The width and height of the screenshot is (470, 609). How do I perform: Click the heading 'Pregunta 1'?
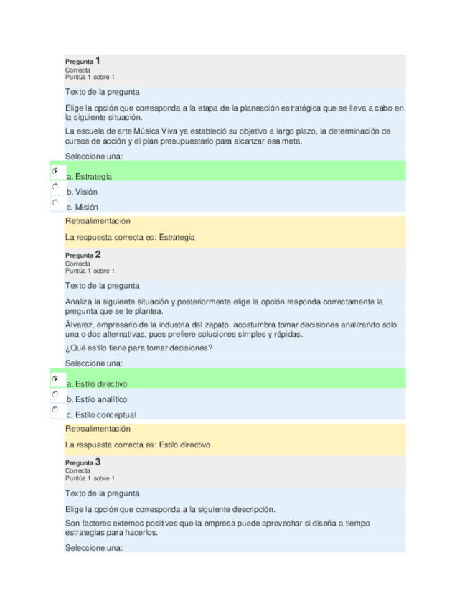pos(83,62)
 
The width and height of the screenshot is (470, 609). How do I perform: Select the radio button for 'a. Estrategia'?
pos(55,171)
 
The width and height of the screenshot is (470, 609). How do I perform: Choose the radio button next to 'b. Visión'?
pos(55,187)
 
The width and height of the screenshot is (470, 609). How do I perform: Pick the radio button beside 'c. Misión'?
pos(55,203)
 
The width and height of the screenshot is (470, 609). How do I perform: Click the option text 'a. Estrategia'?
pos(89,176)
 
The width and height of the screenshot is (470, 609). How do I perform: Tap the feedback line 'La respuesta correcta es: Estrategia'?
pos(130,237)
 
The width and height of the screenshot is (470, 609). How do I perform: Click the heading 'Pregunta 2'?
pos(83,255)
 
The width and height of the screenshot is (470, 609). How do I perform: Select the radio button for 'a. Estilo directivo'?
pos(55,378)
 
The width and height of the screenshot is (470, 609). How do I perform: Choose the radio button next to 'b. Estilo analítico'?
pos(55,394)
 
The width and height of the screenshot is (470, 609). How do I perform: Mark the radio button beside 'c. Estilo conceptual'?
pos(55,410)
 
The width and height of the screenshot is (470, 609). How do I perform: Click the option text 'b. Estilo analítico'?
pos(97,399)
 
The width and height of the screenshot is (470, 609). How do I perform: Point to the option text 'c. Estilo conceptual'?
pos(101,415)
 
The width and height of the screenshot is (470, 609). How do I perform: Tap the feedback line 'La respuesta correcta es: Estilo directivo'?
pos(138,445)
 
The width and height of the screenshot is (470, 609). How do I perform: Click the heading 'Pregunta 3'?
pos(83,462)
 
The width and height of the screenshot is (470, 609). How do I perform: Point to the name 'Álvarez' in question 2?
pos(78,325)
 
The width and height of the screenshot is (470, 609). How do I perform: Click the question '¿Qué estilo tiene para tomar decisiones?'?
pos(138,348)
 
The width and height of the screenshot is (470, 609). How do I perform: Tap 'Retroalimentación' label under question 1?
pos(98,221)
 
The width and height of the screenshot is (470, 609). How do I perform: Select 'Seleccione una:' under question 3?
pos(94,547)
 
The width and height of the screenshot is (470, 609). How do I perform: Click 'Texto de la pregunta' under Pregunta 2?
pos(102,286)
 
